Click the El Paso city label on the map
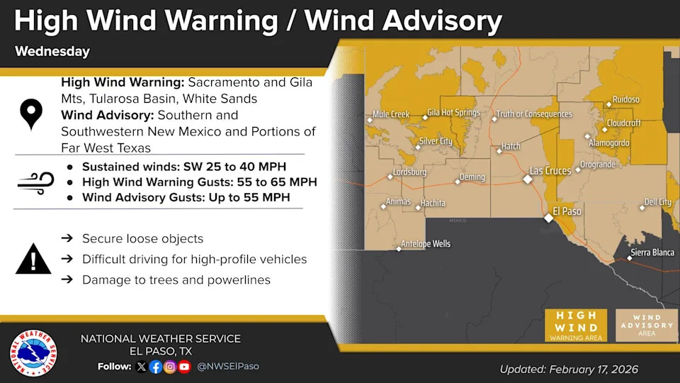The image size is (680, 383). click(567, 211)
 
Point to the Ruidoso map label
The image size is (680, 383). click(626, 100)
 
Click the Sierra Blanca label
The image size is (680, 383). click(653, 252)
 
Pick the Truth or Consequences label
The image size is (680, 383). click(533, 113)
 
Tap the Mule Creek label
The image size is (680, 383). click(391, 114)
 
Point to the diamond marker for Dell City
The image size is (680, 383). click(642, 208)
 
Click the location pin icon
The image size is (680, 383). click(31, 114)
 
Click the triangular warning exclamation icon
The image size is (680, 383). click(33, 259)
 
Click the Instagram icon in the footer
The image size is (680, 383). click(170, 367)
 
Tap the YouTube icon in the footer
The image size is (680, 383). click(185, 367)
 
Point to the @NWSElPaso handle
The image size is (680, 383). click(228, 367)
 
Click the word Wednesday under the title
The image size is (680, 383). click(52, 52)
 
